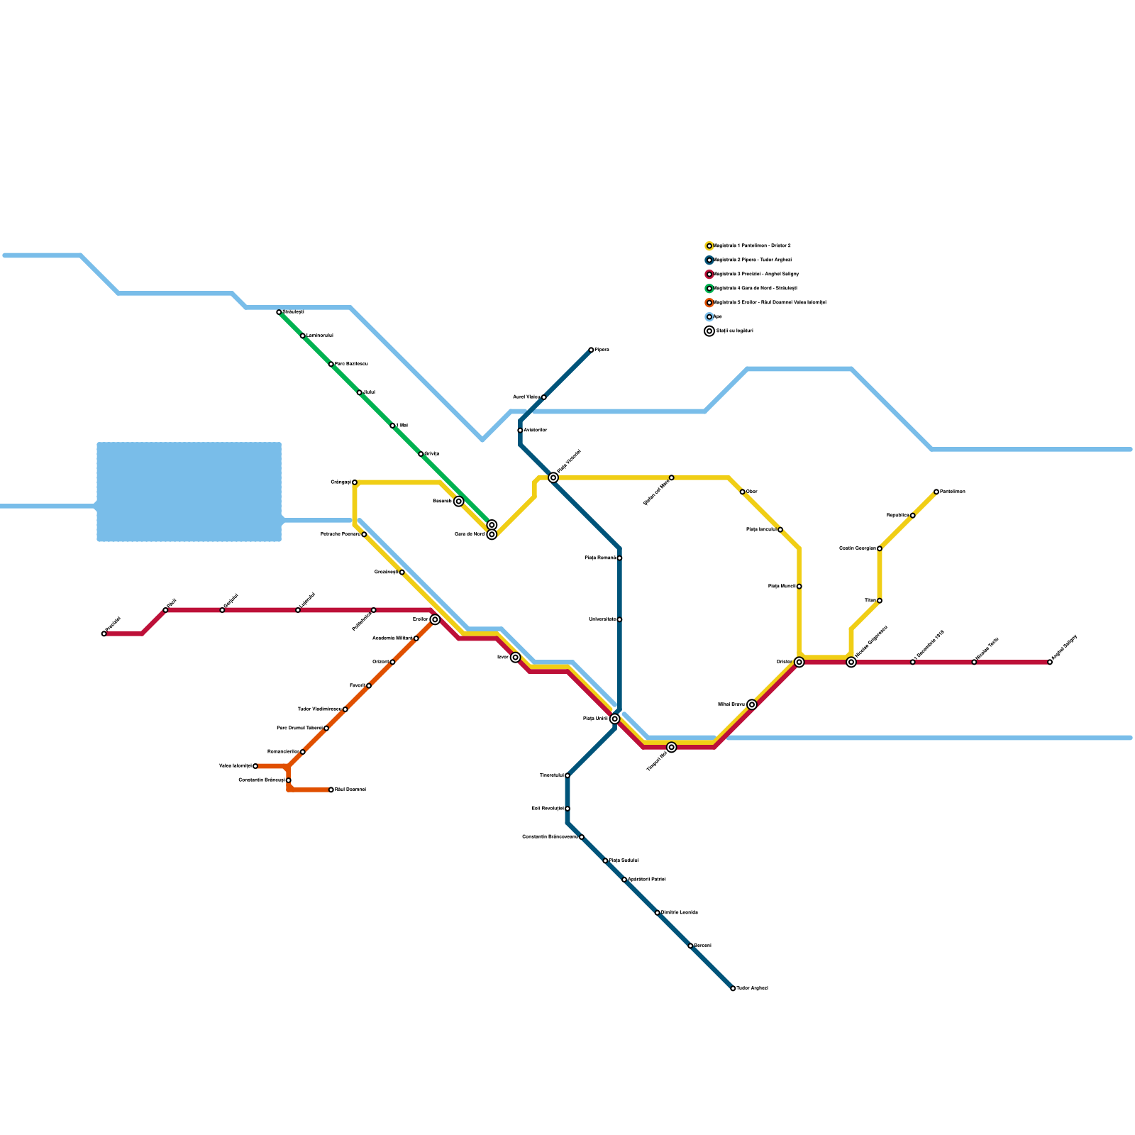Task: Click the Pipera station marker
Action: [591, 350]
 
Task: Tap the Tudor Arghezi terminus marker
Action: [733, 988]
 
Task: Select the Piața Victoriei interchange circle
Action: [553, 477]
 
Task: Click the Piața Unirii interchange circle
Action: [615, 719]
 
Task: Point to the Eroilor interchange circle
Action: [435, 619]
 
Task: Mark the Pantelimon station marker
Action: [936, 492]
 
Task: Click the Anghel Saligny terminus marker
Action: [1050, 662]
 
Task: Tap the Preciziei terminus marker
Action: [104, 633]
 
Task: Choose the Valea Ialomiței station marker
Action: [255, 766]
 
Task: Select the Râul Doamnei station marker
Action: [331, 790]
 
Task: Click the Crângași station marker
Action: [355, 482]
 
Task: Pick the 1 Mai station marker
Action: [392, 426]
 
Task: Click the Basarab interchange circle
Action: [459, 502]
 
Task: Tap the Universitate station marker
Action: [619, 619]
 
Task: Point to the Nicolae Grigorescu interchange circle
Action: [851, 662]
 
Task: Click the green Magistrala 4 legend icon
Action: [709, 289]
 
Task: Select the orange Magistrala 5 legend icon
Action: [709, 303]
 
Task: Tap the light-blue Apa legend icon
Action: [709, 317]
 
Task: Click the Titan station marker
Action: [880, 601]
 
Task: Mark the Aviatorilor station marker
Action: [520, 431]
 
